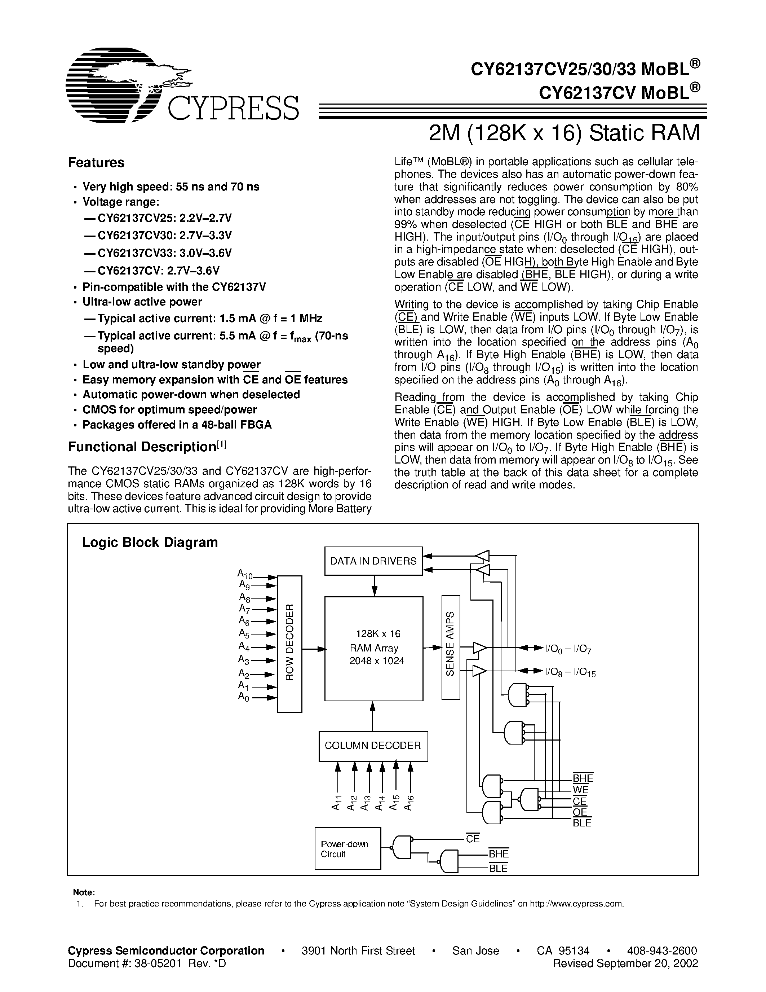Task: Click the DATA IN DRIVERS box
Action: tap(373, 561)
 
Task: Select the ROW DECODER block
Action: tap(289, 644)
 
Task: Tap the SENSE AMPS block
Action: tap(451, 647)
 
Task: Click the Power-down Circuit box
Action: tap(347, 848)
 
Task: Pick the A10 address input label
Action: tap(245, 574)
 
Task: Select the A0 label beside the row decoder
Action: tap(244, 696)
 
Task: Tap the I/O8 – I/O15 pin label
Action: tap(570, 672)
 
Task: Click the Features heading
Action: tap(96, 163)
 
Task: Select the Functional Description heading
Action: tap(147, 447)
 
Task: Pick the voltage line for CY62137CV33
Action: tap(158, 253)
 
